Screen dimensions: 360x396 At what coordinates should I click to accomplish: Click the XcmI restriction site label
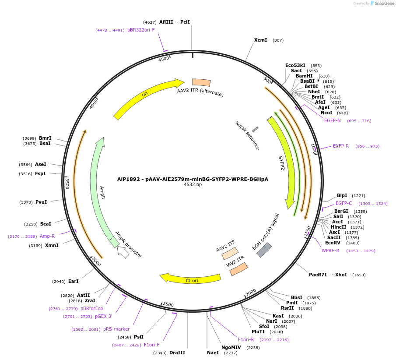[x=260, y=40]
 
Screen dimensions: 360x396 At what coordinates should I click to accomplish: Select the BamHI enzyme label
[x=304, y=76]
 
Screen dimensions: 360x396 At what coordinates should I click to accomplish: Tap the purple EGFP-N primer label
[x=332, y=120]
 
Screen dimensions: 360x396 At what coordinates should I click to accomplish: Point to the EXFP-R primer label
[x=340, y=146]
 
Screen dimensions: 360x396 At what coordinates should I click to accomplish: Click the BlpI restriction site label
[x=342, y=195]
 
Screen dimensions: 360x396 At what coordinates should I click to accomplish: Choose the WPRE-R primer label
[x=330, y=251]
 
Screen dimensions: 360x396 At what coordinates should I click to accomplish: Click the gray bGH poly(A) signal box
[x=264, y=250]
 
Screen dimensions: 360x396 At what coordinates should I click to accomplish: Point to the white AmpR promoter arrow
[x=123, y=252]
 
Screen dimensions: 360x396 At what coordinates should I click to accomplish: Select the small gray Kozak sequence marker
[x=255, y=129]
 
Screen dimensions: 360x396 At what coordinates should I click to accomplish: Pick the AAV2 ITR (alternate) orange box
[x=201, y=82]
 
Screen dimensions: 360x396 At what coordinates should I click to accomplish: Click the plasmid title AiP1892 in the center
[x=193, y=179]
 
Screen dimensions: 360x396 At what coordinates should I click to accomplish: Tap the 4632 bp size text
[x=193, y=184]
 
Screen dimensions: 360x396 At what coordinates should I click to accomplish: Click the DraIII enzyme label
[x=177, y=353]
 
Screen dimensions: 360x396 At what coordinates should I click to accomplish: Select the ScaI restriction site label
[x=46, y=224]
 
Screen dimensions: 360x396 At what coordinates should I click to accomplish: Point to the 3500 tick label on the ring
[x=67, y=183]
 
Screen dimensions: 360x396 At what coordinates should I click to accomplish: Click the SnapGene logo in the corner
[x=382, y=4]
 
